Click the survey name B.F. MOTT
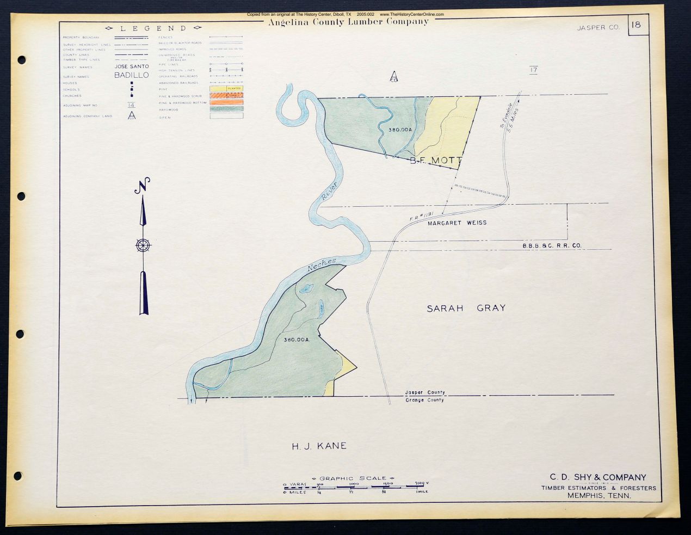435,161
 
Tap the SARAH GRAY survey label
466,308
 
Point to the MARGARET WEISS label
457,223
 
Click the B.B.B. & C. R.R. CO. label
552,246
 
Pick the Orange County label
424,400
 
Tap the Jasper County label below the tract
424,392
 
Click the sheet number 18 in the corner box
637,25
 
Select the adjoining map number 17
533,70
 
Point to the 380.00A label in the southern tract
297,340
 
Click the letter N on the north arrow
143,185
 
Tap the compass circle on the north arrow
143,245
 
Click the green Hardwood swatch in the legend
226,109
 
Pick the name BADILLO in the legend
131,75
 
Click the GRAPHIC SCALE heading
353,478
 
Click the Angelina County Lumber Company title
348,22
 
